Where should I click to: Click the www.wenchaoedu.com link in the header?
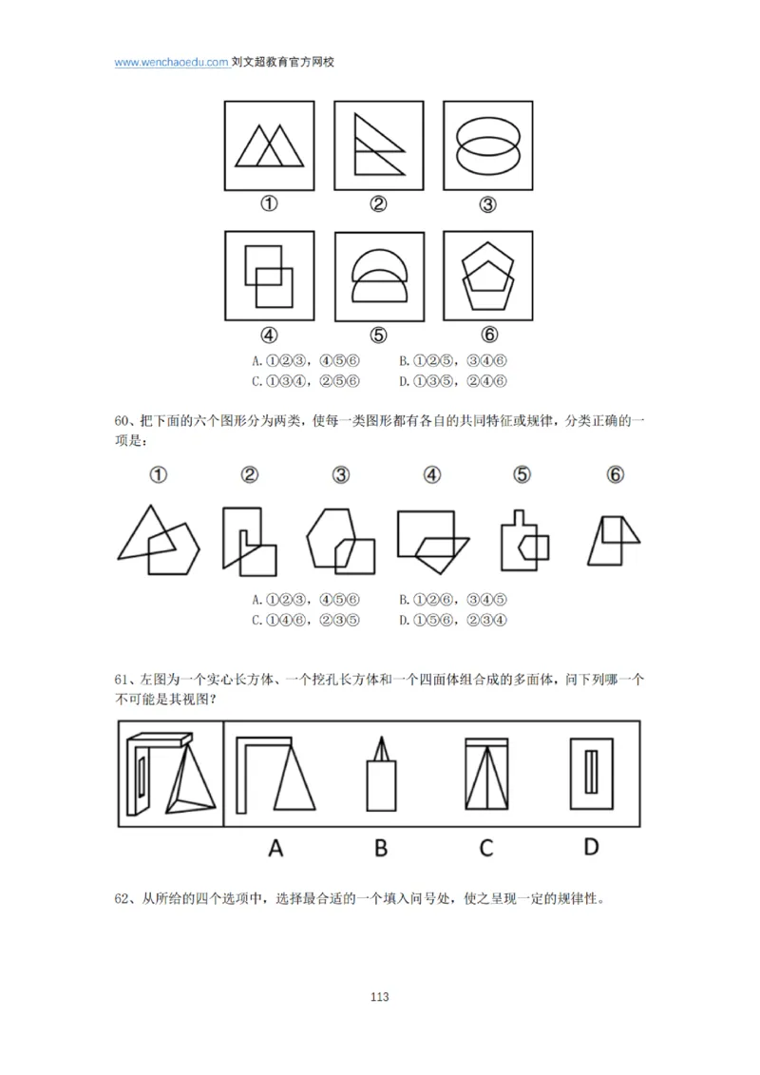point(171,62)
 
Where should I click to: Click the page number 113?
point(379,997)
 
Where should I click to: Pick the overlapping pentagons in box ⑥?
point(488,277)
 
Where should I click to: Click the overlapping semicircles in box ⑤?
point(378,277)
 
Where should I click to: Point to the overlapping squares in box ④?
point(268,276)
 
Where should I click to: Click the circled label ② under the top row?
point(378,205)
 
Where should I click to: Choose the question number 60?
point(123,422)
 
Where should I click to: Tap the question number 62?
point(123,899)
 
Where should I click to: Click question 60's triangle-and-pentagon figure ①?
point(159,540)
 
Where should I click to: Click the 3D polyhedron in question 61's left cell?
point(171,775)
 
